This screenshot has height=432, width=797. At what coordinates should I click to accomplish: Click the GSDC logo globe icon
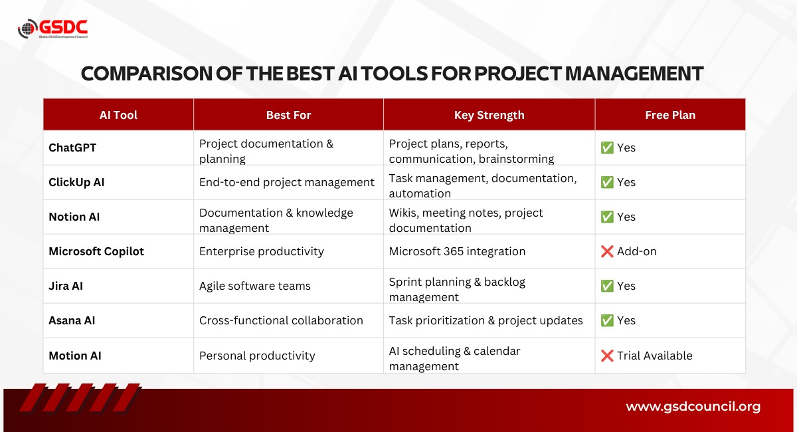(x=28, y=29)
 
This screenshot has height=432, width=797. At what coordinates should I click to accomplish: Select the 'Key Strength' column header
(x=489, y=115)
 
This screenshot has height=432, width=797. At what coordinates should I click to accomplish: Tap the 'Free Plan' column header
(x=670, y=115)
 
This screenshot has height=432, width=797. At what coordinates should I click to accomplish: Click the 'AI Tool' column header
(x=118, y=115)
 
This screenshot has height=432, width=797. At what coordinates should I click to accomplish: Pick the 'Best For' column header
(x=288, y=115)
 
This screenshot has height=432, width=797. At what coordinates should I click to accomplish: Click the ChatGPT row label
(x=72, y=148)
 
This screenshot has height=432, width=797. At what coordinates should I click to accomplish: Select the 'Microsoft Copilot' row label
(x=96, y=251)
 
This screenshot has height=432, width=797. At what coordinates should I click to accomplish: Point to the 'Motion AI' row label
(x=74, y=356)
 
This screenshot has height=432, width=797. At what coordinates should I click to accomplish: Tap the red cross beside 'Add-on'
(x=607, y=251)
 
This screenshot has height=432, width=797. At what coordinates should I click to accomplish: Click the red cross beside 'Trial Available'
(x=607, y=356)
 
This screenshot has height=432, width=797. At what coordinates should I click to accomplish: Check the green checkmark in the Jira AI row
(x=607, y=286)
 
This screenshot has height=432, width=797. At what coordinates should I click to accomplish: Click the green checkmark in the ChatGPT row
(x=607, y=148)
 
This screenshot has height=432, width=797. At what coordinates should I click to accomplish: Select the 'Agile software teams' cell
(x=255, y=286)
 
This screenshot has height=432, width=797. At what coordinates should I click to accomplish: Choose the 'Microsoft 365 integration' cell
(x=457, y=251)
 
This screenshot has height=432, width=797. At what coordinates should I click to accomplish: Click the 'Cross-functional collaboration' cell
(x=281, y=320)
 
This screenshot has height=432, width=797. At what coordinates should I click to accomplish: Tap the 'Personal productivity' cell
(x=257, y=356)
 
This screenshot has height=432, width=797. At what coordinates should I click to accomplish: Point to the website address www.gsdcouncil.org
(x=693, y=407)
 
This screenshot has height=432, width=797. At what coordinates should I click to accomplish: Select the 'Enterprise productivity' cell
(x=262, y=251)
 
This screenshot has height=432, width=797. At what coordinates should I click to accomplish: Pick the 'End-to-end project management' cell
(x=287, y=182)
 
